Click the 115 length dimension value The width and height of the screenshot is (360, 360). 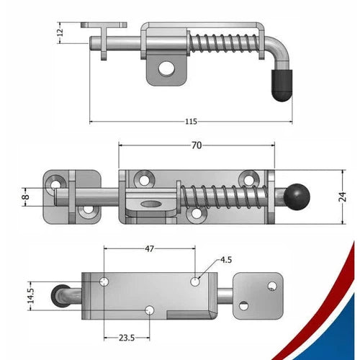[x=191, y=122]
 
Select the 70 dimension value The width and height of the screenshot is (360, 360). [x=196, y=145]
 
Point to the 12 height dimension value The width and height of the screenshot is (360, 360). [x=60, y=31]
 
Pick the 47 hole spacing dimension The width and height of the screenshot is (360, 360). [x=149, y=248]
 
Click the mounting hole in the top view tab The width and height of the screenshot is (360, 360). [x=167, y=69]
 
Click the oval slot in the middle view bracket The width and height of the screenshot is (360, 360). [x=152, y=204]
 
